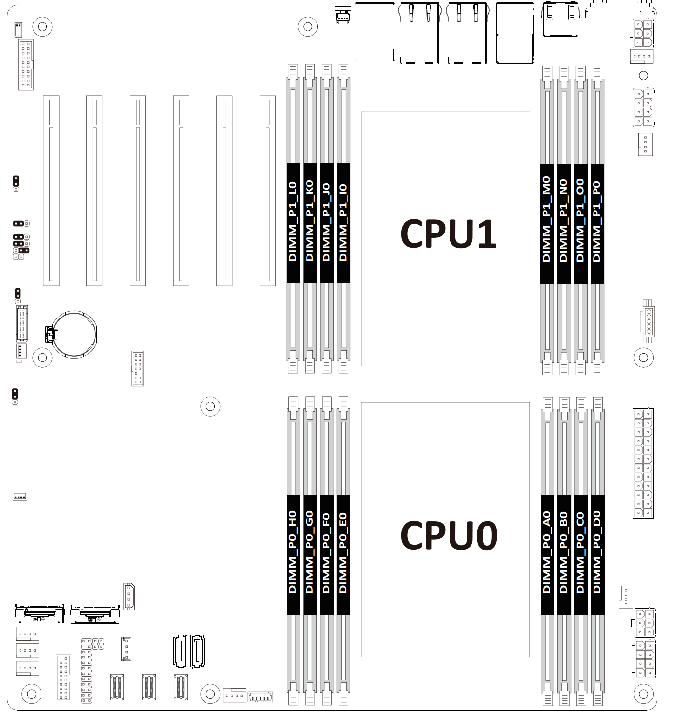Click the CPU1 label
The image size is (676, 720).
click(x=448, y=234)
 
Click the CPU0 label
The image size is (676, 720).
click(x=448, y=535)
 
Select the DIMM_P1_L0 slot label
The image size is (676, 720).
click(x=293, y=222)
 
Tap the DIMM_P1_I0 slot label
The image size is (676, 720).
click(x=343, y=222)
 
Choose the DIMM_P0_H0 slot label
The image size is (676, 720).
click(x=293, y=553)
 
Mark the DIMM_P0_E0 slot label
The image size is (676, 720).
click(x=343, y=553)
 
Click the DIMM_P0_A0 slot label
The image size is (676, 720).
click(x=547, y=553)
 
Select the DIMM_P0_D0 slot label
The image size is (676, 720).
click(x=597, y=553)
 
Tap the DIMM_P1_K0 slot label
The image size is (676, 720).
click(x=309, y=222)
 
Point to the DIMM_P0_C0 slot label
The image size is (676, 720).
click(x=580, y=553)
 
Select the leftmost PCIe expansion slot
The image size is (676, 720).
click(x=51, y=191)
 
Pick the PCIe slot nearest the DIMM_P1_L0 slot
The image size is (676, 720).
click(x=267, y=191)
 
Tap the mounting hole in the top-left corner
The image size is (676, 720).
click(x=42, y=26)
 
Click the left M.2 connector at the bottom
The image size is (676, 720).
click(x=40, y=614)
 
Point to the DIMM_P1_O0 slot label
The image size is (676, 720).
click(x=580, y=220)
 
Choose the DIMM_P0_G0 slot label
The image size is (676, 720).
click(x=309, y=553)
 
